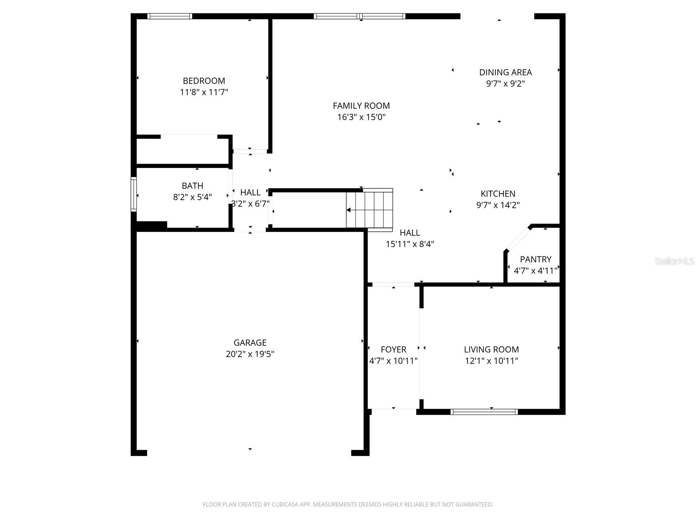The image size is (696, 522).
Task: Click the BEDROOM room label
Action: [x=204, y=81]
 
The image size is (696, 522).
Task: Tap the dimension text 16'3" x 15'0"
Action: [x=361, y=117]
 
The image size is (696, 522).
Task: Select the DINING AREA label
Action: [x=505, y=72]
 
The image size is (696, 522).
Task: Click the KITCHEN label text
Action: [x=498, y=194]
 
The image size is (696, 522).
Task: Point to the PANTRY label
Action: [x=535, y=259]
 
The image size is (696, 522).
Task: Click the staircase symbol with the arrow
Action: [x=370, y=208]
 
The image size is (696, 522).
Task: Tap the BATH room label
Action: [x=192, y=186]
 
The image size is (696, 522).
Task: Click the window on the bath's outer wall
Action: [x=134, y=194]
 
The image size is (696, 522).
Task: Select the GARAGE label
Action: [x=250, y=343]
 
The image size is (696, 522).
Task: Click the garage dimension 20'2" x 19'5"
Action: [x=250, y=354]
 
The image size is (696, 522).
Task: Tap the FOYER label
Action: [x=393, y=349]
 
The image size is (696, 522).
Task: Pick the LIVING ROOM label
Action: [x=491, y=349]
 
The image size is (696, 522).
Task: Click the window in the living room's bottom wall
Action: [x=484, y=412]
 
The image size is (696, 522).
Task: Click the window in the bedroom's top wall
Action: [x=170, y=17]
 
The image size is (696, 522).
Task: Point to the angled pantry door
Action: [x=518, y=238]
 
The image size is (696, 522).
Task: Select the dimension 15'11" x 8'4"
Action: [x=410, y=244]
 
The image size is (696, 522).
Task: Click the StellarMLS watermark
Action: [x=674, y=261]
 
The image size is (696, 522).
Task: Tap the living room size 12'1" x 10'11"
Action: [x=491, y=361]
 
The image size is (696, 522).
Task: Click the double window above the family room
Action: [x=360, y=17]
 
